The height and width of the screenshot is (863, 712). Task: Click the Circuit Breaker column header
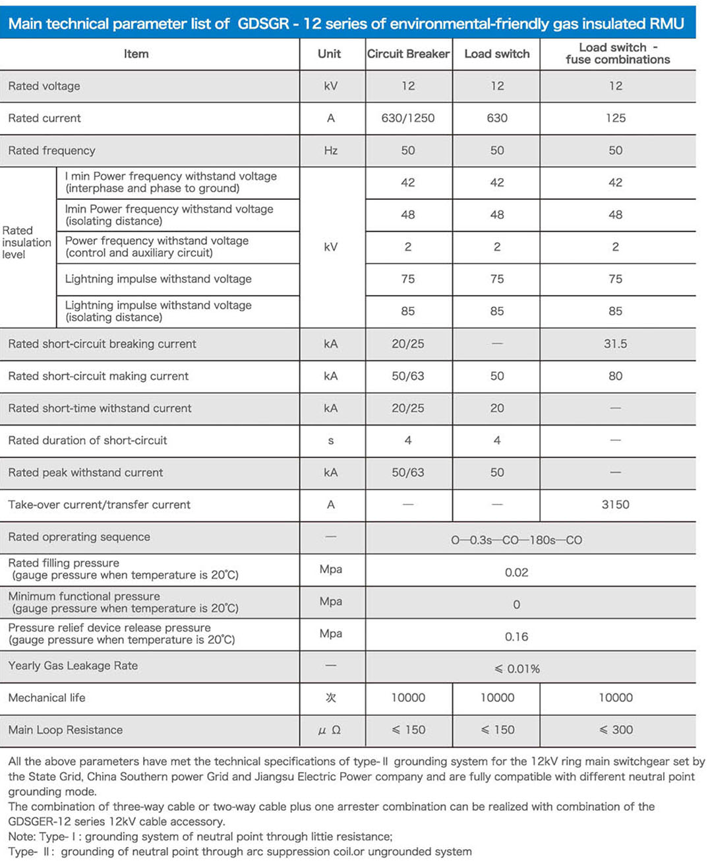coord(408,54)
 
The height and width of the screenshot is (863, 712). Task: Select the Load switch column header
coord(496,54)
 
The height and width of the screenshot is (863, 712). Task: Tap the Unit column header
coord(329,54)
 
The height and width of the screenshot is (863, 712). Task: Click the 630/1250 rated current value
coord(408,118)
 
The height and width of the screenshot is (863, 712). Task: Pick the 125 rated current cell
coord(615,118)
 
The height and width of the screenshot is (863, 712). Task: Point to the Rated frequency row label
coord(51,150)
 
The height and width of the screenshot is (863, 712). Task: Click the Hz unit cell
coord(330,150)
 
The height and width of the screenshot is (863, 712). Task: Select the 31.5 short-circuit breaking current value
coord(615,344)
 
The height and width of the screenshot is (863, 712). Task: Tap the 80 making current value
coord(615,376)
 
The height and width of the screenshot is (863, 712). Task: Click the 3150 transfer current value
coord(615,505)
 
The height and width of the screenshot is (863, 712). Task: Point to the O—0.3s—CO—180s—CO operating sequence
coord(516,540)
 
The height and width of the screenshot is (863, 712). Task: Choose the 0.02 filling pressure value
coord(516,572)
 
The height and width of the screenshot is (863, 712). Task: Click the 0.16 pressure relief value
coord(516,637)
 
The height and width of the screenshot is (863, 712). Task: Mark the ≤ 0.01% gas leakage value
coord(517,669)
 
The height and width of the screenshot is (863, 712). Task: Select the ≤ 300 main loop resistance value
coord(616,730)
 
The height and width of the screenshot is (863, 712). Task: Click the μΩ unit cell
coord(330,730)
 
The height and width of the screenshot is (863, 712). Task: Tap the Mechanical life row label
coord(47,698)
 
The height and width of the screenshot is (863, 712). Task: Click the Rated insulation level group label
coord(26,242)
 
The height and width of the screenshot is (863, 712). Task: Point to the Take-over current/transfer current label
coord(99,505)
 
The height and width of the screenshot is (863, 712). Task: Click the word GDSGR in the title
coord(263,24)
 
